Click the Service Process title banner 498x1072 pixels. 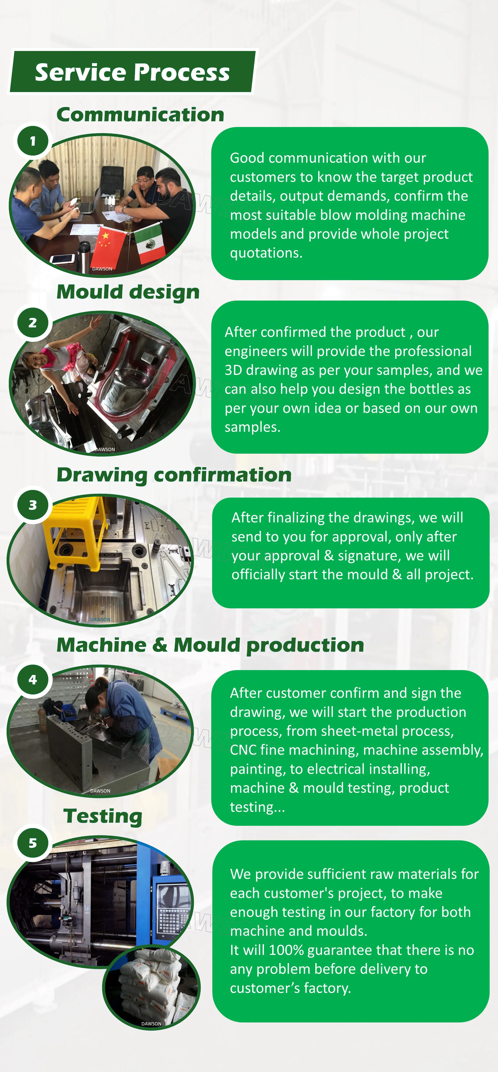132,72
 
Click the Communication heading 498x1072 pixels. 140,114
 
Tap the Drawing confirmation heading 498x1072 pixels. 174,475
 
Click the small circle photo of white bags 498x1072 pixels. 152,988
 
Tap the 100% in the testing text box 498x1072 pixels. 286,950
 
